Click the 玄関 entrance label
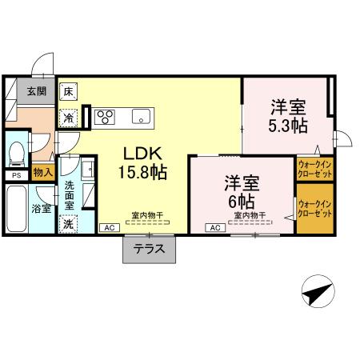[x=35, y=90]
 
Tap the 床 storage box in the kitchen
[x=70, y=91]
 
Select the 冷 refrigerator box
[x=70, y=117]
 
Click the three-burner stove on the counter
[x=105, y=117]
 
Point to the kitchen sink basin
[x=142, y=117]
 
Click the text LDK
[x=144, y=153]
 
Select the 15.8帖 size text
[x=144, y=171]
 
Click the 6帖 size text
[x=240, y=200]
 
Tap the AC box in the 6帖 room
[x=215, y=228]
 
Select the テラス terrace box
[x=149, y=249]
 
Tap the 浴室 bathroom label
[x=42, y=209]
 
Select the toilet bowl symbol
[x=16, y=150]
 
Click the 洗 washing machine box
[x=69, y=224]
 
